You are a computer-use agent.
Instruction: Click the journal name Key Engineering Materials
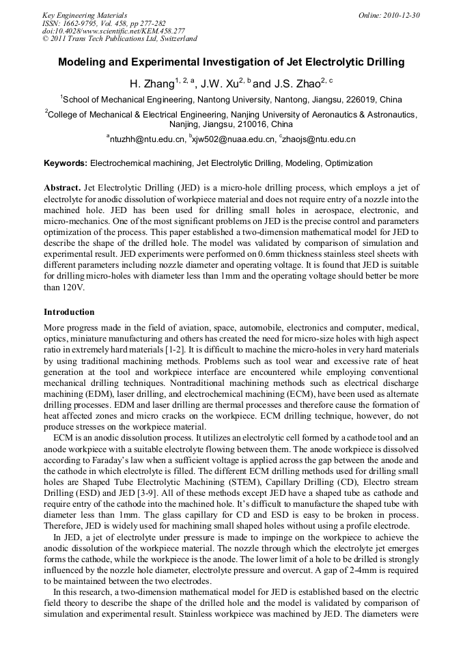[x=84, y=14]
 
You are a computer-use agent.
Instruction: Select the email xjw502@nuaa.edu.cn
[x=233, y=139]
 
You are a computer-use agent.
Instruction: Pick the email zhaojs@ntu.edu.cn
[x=318, y=139]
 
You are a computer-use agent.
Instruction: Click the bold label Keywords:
[x=65, y=163]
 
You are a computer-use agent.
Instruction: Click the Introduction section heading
[x=69, y=312]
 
